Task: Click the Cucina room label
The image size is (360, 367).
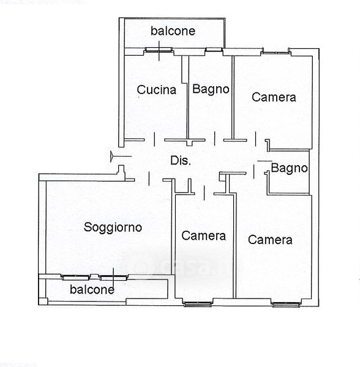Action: pos(157,90)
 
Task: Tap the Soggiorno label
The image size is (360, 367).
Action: pos(113,228)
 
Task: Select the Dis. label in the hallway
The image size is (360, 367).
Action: pos(181,160)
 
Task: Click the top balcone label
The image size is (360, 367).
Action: pos(173,31)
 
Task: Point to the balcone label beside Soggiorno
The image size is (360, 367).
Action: pos(92,289)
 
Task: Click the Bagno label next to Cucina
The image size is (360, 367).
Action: pos(211,89)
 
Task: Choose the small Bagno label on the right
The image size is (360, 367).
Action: pos(289,168)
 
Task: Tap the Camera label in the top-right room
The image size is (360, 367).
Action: pos(274,97)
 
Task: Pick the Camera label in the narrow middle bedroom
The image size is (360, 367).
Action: pos(203,235)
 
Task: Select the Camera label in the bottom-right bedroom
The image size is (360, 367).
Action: pos(270,240)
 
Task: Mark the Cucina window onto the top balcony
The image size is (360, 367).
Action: pos(159,50)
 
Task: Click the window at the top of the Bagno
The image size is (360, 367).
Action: pos(214,50)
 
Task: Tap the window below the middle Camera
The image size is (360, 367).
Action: pos(198,304)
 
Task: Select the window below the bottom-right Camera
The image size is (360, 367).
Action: pos(286,305)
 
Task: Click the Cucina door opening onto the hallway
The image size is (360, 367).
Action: pos(154,139)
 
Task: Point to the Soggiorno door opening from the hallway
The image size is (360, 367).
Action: pos(149,179)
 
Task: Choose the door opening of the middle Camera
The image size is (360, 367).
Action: pos(204,193)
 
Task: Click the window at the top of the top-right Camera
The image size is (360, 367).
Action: pos(276,53)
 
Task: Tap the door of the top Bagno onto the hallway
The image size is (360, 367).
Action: pos(214,139)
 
